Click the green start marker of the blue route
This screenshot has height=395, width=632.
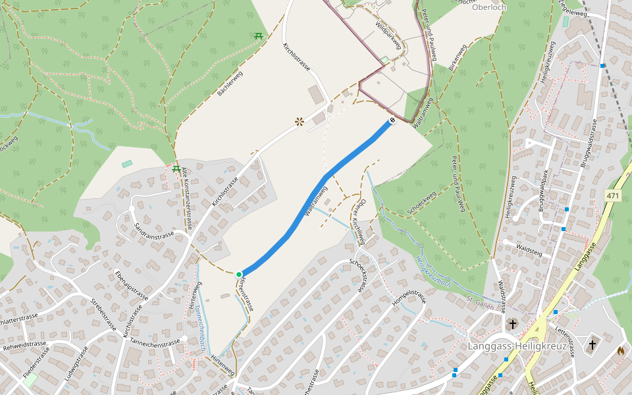239,274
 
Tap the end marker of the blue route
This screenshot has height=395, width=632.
392,120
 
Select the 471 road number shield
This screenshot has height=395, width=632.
614,196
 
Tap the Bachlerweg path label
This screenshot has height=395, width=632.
230,84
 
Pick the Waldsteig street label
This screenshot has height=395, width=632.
529,248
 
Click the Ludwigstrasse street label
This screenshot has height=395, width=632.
77,367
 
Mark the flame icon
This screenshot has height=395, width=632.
620,351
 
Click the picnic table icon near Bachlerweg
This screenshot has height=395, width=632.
259,36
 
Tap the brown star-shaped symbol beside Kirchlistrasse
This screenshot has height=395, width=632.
300,121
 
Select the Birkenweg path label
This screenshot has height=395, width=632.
457,57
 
